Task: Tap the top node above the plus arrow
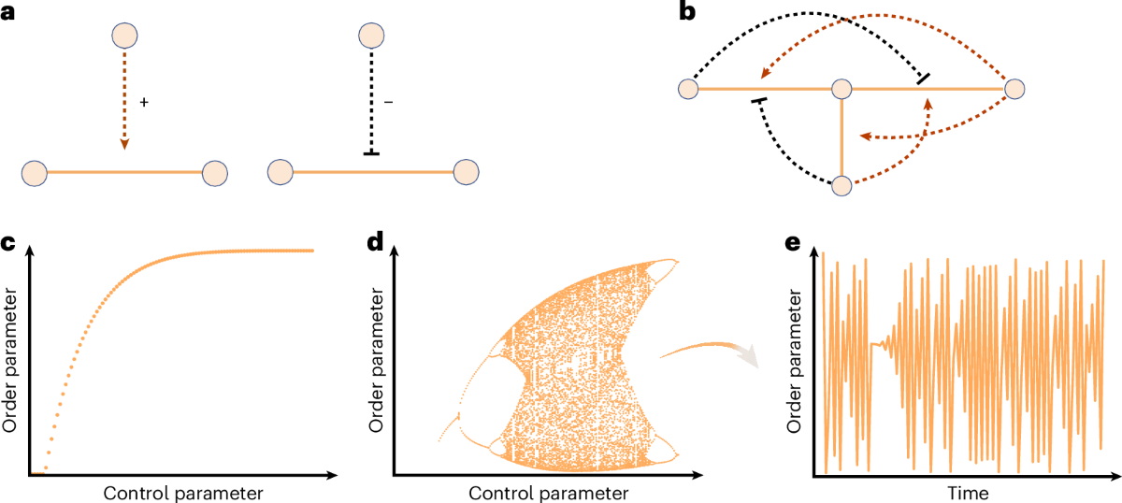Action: (x=125, y=36)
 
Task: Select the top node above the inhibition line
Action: (x=372, y=36)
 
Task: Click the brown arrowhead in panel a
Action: (x=125, y=144)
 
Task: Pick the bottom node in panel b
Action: (x=841, y=185)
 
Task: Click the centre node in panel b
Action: (x=841, y=89)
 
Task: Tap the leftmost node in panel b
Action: (x=688, y=89)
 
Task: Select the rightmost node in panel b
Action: (x=1016, y=89)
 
